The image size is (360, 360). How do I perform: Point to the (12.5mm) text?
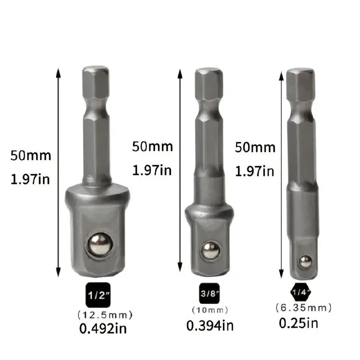(x=105, y=314)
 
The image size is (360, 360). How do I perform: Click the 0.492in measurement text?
(x=104, y=329)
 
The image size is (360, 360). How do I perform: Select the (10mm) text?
(x=209, y=309)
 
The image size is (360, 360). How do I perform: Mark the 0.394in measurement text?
(x=210, y=325)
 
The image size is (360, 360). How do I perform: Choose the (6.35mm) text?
(x=303, y=307)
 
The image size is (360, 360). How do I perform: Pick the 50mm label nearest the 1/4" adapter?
(x=255, y=147)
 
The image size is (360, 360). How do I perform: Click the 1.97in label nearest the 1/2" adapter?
(x=30, y=178)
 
